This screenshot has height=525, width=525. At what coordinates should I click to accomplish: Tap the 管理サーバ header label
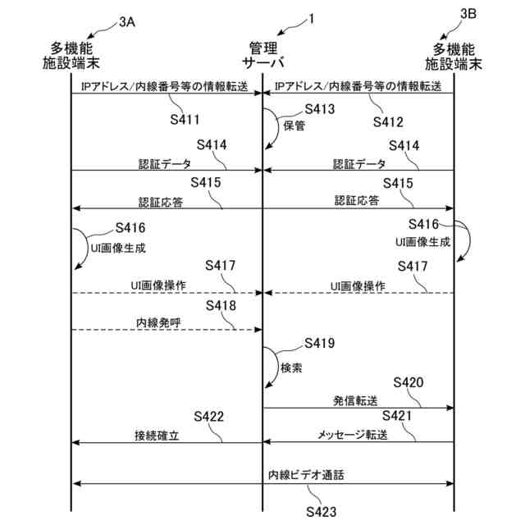click(x=262, y=53)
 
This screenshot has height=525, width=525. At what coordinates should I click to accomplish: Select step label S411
click(x=185, y=120)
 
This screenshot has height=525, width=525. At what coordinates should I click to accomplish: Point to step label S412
click(x=388, y=122)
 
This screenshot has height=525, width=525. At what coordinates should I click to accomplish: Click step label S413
click(x=319, y=108)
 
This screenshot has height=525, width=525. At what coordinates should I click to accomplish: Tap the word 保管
click(x=294, y=126)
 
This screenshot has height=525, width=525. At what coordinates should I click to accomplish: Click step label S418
click(x=221, y=305)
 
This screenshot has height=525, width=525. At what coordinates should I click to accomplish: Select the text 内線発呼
click(x=157, y=323)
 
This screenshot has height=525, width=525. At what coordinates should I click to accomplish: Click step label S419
click(x=319, y=342)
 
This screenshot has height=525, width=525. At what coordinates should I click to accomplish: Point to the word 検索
click(x=292, y=368)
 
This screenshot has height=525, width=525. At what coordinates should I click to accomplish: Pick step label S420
click(x=409, y=382)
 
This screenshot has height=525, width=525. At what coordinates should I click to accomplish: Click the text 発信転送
click(x=354, y=401)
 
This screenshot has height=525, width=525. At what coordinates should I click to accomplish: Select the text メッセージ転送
click(x=353, y=435)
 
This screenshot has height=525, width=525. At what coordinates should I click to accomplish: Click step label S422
click(x=209, y=417)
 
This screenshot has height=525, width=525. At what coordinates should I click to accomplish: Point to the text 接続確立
click(x=157, y=435)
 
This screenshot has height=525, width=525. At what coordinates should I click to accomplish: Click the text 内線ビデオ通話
click(x=306, y=475)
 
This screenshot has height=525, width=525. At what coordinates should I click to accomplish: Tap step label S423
click(x=322, y=512)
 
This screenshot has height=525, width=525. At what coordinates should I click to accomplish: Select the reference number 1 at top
click(x=311, y=19)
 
